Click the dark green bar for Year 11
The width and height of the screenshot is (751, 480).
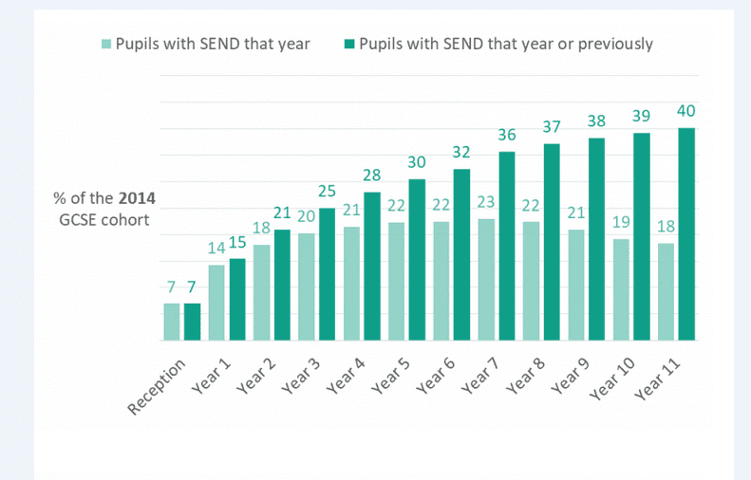click(686, 233)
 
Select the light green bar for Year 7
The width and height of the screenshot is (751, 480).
click(486, 279)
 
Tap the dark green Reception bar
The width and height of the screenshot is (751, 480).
click(192, 321)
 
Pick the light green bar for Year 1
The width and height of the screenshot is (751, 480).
click(216, 302)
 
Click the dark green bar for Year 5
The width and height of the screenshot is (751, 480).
click(417, 259)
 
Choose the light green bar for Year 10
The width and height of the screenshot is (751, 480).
click(621, 288)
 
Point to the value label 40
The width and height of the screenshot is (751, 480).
click(686, 113)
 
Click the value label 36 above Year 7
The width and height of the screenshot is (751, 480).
click(507, 136)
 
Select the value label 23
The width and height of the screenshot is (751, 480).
click(486, 202)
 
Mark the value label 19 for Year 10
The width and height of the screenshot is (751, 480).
click(621, 222)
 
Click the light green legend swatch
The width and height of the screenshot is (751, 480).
click(106, 45)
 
